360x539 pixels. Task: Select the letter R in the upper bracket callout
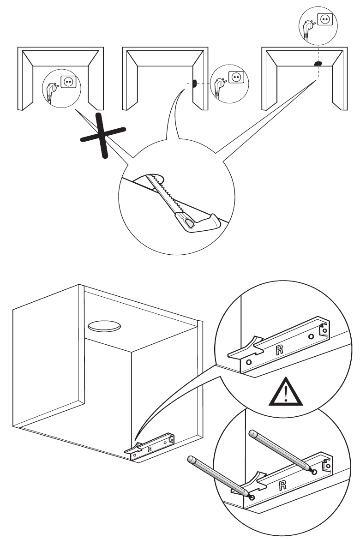(278, 349)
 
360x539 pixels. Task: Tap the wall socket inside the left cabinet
(68, 81)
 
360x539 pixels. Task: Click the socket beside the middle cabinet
(236, 76)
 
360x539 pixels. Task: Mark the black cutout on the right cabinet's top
(318, 63)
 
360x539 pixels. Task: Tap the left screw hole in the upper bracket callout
(249, 363)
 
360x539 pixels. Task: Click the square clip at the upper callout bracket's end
(325, 330)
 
